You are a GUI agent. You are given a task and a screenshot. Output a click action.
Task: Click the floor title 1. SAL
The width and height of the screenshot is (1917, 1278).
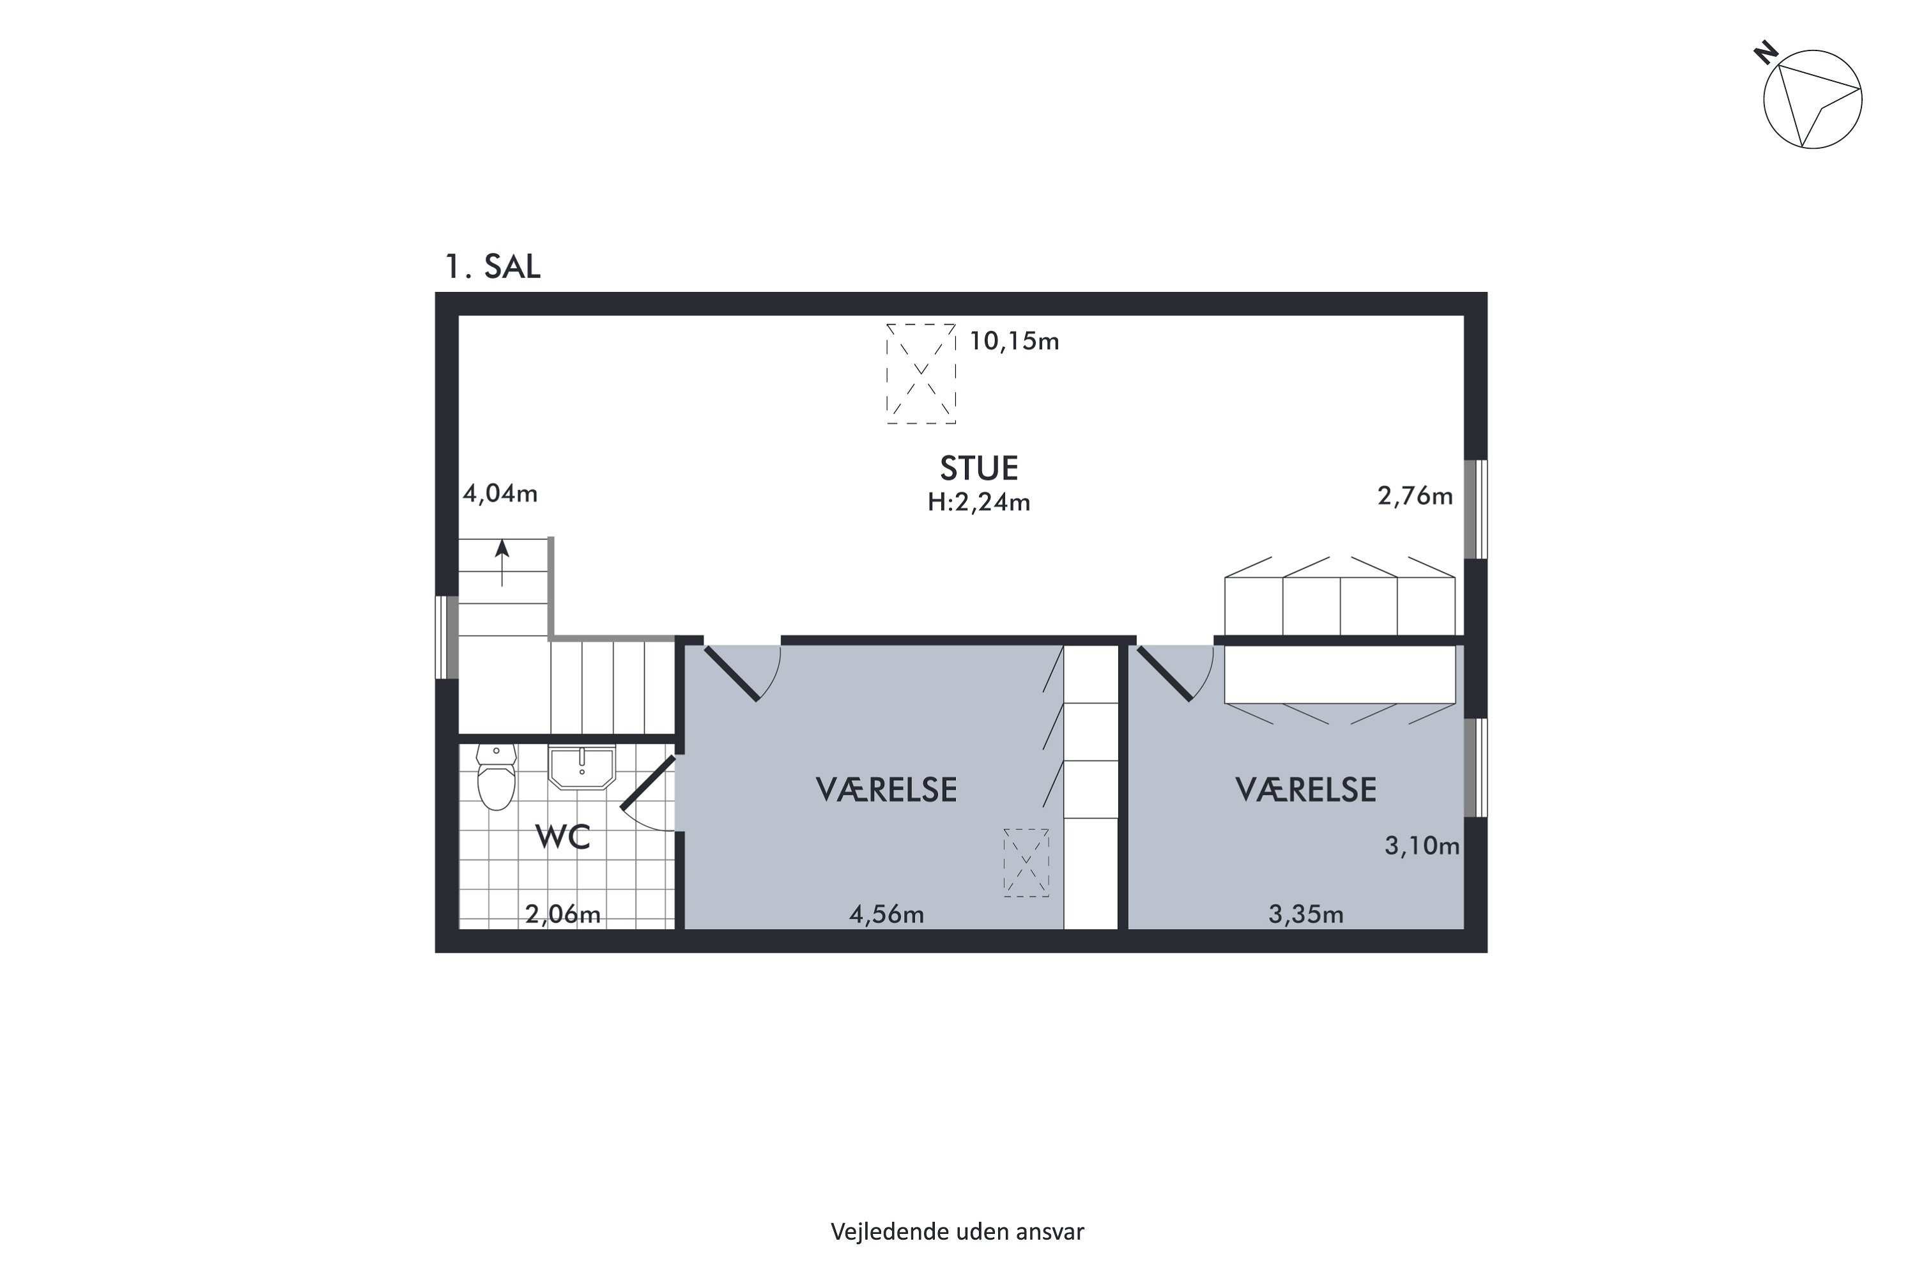(x=492, y=266)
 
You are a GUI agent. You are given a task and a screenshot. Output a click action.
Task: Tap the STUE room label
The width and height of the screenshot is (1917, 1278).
(x=979, y=468)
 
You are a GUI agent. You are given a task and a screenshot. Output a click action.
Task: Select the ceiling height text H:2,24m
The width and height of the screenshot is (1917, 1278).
(x=979, y=502)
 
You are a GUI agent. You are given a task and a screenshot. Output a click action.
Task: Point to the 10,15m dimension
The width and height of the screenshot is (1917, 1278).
(x=1014, y=341)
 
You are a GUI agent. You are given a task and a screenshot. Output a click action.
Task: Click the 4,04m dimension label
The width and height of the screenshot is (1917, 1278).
(x=500, y=494)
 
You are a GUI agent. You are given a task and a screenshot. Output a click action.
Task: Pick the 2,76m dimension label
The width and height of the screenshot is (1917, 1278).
(x=1415, y=496)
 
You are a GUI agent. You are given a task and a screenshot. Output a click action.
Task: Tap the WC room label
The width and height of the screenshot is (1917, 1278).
(x=562, y=837)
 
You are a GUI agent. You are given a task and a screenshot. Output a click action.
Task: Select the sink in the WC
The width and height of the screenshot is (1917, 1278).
(x=581, y=767)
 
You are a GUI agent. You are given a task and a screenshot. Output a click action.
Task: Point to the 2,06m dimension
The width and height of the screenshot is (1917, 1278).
(x=562, y=914)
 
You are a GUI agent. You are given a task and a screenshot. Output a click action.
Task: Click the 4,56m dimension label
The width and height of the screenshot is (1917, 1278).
(x=887, y=914)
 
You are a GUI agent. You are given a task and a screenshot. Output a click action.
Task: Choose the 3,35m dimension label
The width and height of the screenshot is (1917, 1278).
(x=1305, y=914)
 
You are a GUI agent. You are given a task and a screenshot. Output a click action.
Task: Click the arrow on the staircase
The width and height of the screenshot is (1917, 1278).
(x=502, y=563)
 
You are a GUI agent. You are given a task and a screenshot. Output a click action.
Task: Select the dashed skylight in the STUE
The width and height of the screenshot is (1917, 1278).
(x=921, y=373)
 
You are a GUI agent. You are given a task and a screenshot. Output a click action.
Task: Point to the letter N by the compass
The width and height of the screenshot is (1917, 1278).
(x=1766, y=54)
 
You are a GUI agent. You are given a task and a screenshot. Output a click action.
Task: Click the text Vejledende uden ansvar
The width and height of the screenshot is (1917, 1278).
(x=958, y=1231)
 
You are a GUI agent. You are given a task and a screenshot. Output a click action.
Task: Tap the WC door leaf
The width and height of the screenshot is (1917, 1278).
(x=648, y=782)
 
